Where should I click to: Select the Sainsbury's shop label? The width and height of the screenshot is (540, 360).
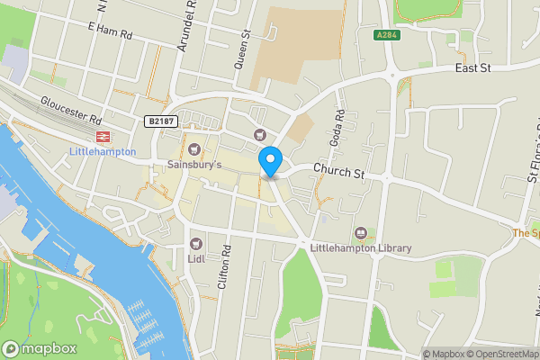tap(194, 165)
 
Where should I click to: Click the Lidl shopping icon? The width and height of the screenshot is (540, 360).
tap(196, 243)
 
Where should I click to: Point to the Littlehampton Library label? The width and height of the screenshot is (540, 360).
tap(360, 248)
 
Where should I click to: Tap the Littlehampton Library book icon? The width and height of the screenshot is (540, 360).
tap(361, 233)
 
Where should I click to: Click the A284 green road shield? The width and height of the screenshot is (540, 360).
tap(387, 34)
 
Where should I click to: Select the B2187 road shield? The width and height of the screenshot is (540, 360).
tap(159, 120)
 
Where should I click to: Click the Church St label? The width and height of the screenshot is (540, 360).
tap(338, 170)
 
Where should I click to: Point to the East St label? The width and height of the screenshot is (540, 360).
tap(472, 67)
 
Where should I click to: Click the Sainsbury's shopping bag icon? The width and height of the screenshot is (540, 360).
tap(195, 148)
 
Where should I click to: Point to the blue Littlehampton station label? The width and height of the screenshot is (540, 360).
tap(103, 152)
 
